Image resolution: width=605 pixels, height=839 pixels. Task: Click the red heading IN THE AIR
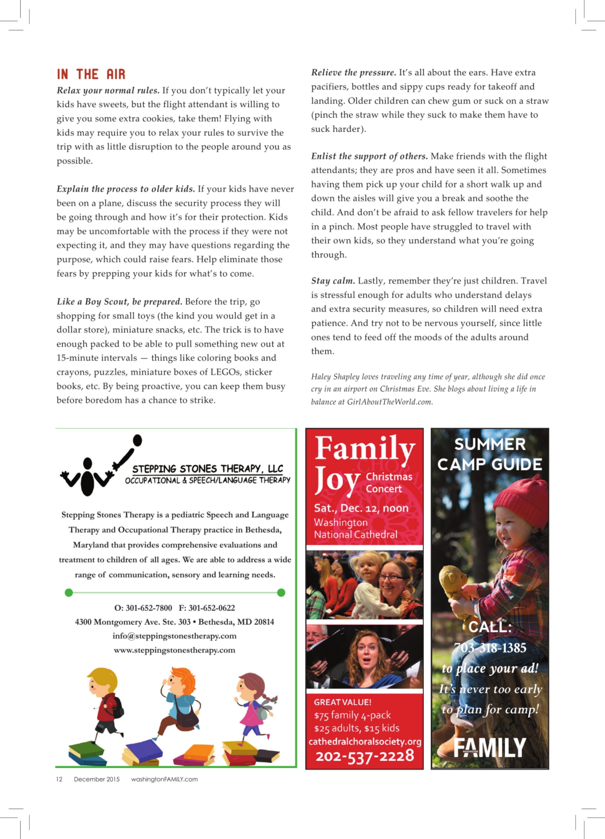coord(91,74)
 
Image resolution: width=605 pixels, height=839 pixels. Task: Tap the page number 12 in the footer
coord(59,779)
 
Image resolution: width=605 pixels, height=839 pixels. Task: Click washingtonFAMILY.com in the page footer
coord(164,779)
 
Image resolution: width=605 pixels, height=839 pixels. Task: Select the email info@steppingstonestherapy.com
coord(174,636)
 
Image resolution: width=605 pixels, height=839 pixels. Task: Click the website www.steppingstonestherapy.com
coord(174,650)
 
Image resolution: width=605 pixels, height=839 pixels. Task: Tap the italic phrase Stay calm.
coord(333,281)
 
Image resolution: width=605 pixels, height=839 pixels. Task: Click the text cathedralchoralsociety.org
coord(365,741)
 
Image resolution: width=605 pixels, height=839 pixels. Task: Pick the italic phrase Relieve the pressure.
coord(353,72)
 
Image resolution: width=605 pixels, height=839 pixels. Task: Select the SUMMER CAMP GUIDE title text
coord(489,454)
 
